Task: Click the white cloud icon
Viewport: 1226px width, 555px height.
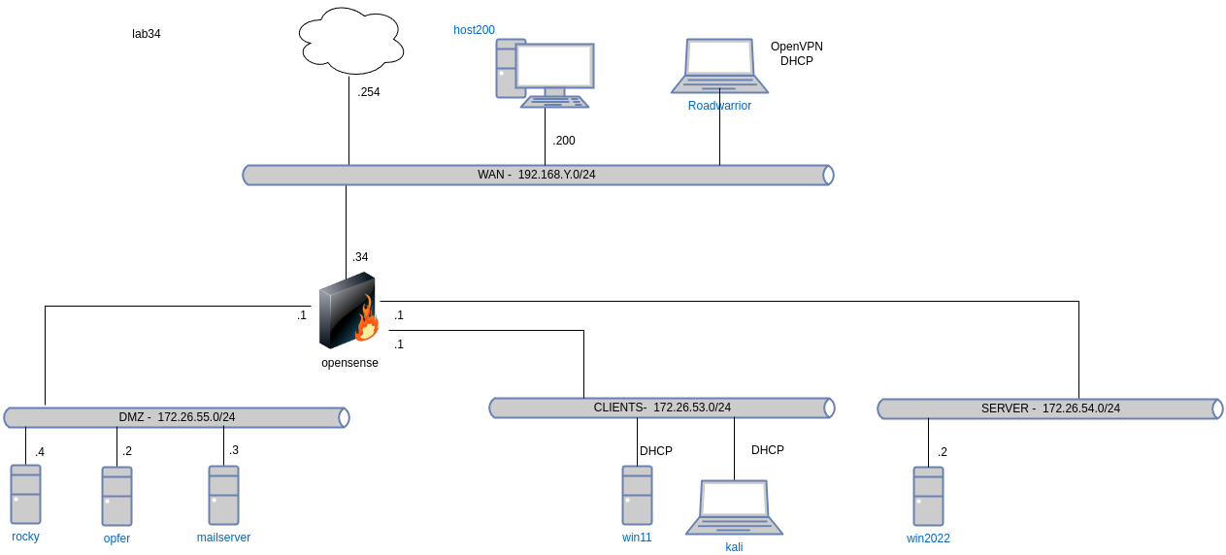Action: [x=350, y=41]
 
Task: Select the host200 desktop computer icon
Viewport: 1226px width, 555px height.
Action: [x=545, y=73]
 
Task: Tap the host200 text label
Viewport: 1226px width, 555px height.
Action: [x=475, y=30]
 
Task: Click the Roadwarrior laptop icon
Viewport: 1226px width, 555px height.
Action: [x=719, y=66]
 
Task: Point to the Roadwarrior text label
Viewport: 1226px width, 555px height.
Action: [x=719, y=106]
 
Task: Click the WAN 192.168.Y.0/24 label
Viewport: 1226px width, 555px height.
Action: [x=537, y=175]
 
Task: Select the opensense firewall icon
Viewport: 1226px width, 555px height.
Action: [x=348, y=310]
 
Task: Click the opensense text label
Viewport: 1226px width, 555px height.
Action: [x=349, y=363]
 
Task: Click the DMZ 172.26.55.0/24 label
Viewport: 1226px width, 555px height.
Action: [x=177, y=417]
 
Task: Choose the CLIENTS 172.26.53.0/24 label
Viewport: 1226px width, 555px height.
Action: [x=662, y=408]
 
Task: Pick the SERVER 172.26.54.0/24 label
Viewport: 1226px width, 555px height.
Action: [x=1050, y=408]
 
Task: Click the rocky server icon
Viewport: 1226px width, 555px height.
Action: [x=26, y=494]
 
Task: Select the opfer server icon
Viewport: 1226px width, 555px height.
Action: [x=117, y=496]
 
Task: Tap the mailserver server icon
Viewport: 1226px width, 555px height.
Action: [x=223, y=495]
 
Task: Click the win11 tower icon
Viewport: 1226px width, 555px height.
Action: [x=637, y=495]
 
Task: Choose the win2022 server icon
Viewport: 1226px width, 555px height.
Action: [x=928, y=496]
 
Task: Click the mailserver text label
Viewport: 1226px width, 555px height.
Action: [x=223, y=537]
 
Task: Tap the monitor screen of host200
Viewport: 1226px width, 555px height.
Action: [x=554, y=66]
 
